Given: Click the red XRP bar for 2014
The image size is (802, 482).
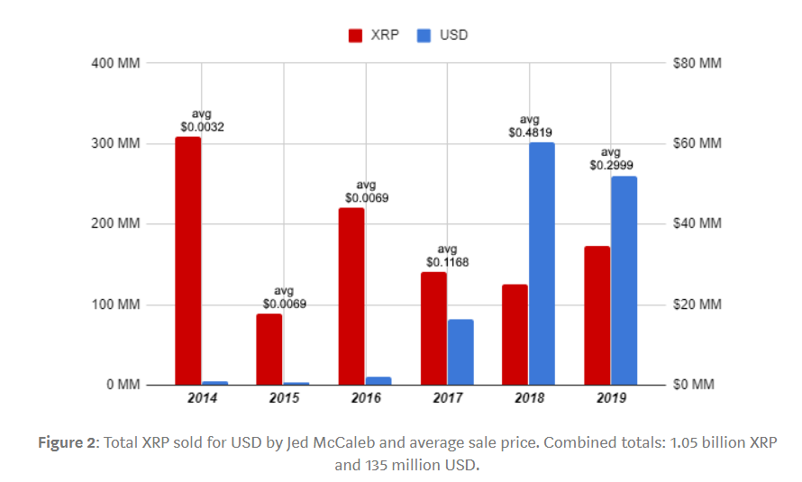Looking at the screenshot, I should (x=188, y=260).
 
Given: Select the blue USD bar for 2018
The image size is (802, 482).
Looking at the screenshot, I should (x=542, y=263).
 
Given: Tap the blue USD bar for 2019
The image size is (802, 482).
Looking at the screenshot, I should (x=624, y=280).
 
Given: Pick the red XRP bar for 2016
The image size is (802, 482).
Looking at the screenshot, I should (x=351, y=296).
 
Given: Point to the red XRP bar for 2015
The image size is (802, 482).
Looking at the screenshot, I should (x=269, y=349).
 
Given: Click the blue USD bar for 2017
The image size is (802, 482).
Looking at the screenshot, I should (x=460, y=351).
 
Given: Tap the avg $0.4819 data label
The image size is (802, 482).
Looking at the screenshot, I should (x=530, y=126).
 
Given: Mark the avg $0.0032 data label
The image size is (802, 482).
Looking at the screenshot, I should (x=202, y=121).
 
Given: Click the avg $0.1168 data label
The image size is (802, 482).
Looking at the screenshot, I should (x=448, y=256).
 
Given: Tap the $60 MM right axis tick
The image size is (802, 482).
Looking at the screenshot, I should (x=697, y=144).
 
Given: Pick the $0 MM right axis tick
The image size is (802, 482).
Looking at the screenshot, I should (x=694, y=385).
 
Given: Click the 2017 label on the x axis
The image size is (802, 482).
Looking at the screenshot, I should (x=448, y=398).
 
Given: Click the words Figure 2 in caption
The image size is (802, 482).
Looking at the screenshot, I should (x=68, y=443).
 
